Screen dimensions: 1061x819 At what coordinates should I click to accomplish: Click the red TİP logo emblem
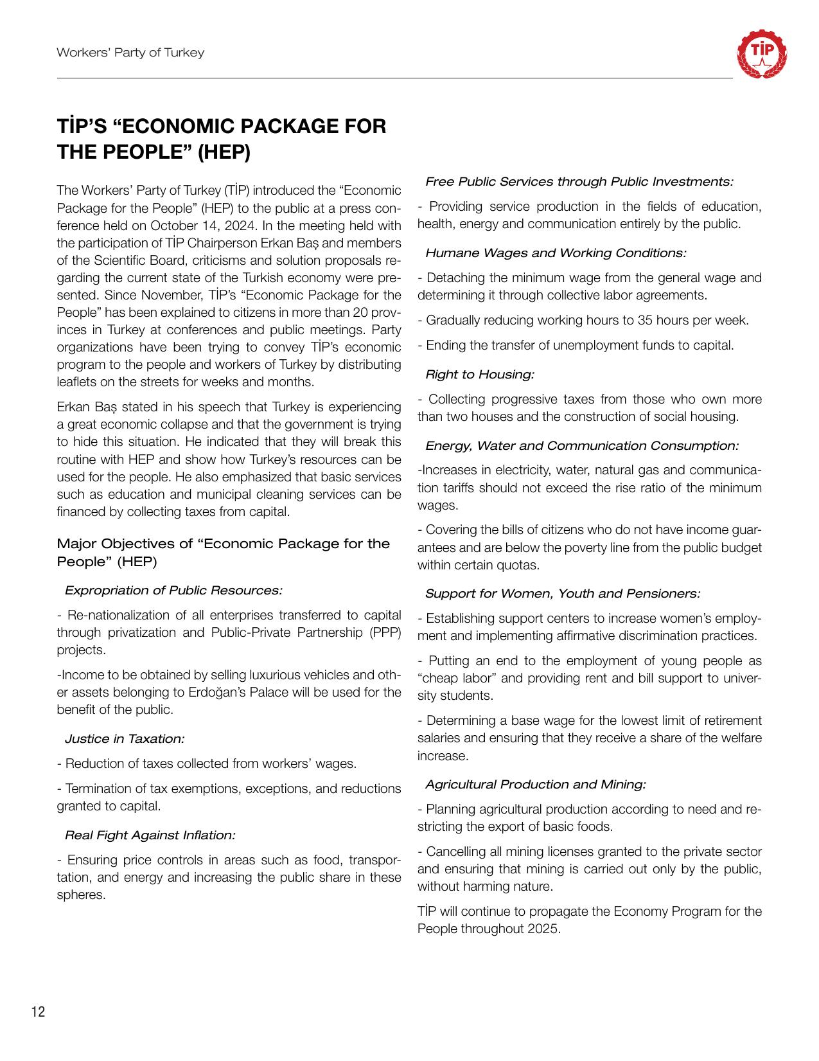(762, 54)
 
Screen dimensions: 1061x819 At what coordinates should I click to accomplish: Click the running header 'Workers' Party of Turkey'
(130, 53)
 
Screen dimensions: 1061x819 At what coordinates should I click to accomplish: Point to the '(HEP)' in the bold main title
(223, 153)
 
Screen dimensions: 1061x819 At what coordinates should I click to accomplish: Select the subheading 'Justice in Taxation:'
(125, 739)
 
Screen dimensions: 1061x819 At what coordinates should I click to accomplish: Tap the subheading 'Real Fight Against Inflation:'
(150, 835)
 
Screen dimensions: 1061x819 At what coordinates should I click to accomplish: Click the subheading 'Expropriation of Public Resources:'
(173, 590)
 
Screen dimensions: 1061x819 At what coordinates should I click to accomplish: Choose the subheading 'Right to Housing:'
(480, 374)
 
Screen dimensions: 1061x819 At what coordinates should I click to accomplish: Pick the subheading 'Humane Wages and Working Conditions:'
(556, 253)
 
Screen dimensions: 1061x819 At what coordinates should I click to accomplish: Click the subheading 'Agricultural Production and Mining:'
(535, 785)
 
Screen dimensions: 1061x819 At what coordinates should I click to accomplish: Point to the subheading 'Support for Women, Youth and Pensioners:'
(563, 594)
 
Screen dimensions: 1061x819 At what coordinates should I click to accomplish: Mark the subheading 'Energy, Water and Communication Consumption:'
(582, 446)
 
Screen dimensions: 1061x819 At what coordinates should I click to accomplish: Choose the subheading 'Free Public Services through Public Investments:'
(579, 182)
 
